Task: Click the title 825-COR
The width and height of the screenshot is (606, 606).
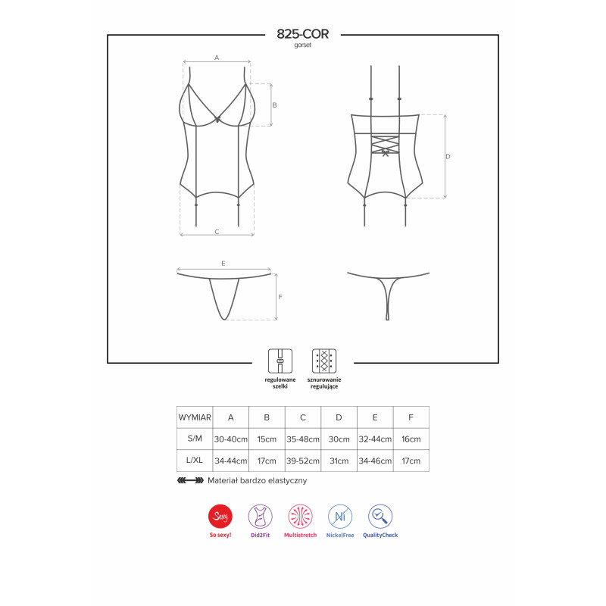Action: click(303, 34)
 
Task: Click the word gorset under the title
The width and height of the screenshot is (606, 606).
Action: click(303, 45)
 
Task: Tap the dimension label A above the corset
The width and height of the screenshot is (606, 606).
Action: click(216, 58)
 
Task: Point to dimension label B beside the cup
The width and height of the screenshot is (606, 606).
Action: click(275, 105)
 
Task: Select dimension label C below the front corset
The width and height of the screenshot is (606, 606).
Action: click(217, 231)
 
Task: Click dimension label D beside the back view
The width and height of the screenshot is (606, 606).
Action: click(448, 157)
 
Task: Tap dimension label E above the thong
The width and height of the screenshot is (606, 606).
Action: click(223, 263)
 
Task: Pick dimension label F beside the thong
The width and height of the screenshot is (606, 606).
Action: click(280, 297)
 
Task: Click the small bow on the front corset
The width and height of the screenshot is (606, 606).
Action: click(219, 119)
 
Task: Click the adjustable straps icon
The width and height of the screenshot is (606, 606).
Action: click(280, 360)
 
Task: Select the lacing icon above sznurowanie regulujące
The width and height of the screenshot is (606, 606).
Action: click(323, 360)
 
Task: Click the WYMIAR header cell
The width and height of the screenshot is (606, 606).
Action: click(195, 417)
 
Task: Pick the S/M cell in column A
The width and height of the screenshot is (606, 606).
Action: click(231, 439)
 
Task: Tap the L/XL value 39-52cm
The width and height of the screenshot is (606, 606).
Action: click(303, 460)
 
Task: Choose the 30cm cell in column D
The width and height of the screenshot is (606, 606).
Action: click(339, 439)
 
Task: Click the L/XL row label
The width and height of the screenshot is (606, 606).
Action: click(195, 460)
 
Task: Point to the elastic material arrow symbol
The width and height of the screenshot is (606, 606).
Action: click(190, 480)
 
